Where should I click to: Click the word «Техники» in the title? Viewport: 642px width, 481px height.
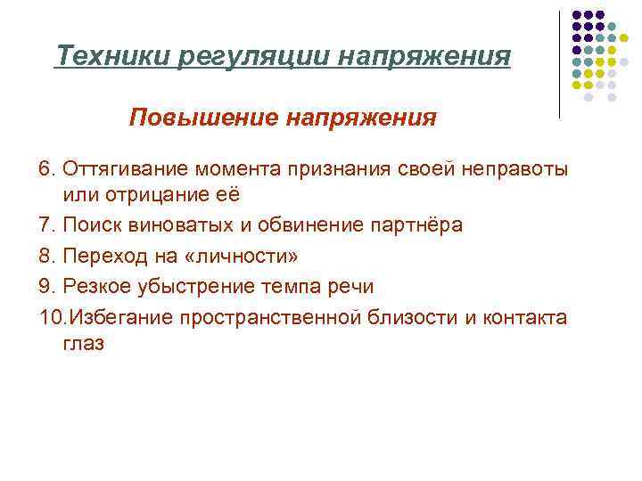click(113, 57)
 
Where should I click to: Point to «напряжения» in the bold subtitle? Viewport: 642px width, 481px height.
click(361, 118)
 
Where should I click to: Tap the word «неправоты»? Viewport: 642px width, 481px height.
click(515, 169)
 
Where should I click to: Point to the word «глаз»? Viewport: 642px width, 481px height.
click(84, 343)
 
